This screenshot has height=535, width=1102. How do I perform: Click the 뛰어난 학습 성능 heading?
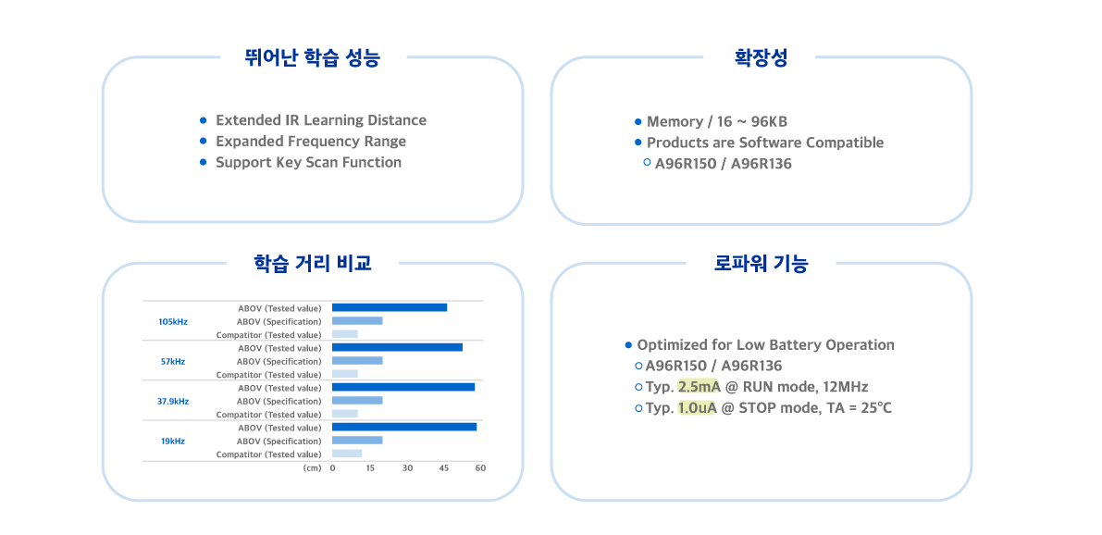tap(313, 58)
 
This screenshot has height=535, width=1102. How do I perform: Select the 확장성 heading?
tap(761, 58)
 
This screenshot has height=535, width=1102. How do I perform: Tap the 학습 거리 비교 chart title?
tap(313, 263)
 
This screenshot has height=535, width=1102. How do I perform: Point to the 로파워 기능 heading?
tap(761, 264)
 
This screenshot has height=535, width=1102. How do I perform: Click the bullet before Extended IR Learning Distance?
tap(203, 120)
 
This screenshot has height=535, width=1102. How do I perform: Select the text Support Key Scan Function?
tap(308, 162)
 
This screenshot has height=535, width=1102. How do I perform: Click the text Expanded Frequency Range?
tap(310, 142)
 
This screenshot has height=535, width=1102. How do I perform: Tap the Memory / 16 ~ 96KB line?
tap(716, 122)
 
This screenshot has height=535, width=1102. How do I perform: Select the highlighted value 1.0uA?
tap(697, 408)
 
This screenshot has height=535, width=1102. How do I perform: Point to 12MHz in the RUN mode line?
tap(845, 387)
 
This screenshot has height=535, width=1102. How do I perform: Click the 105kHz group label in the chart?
tap(173, 321)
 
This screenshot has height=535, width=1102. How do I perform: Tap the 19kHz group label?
tap(173, 442)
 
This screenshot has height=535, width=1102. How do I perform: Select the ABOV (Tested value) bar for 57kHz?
tap(397, 347)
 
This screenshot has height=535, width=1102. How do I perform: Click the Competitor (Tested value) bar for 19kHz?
tap(347, 454)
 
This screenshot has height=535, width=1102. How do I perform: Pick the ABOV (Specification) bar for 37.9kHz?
tap(357, 401)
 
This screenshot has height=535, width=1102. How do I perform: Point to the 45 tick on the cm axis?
tap(443, 468)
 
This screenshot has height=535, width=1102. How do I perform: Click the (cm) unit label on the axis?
tap(312, 468)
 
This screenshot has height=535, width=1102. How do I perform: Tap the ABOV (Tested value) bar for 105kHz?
tap(390, 307)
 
